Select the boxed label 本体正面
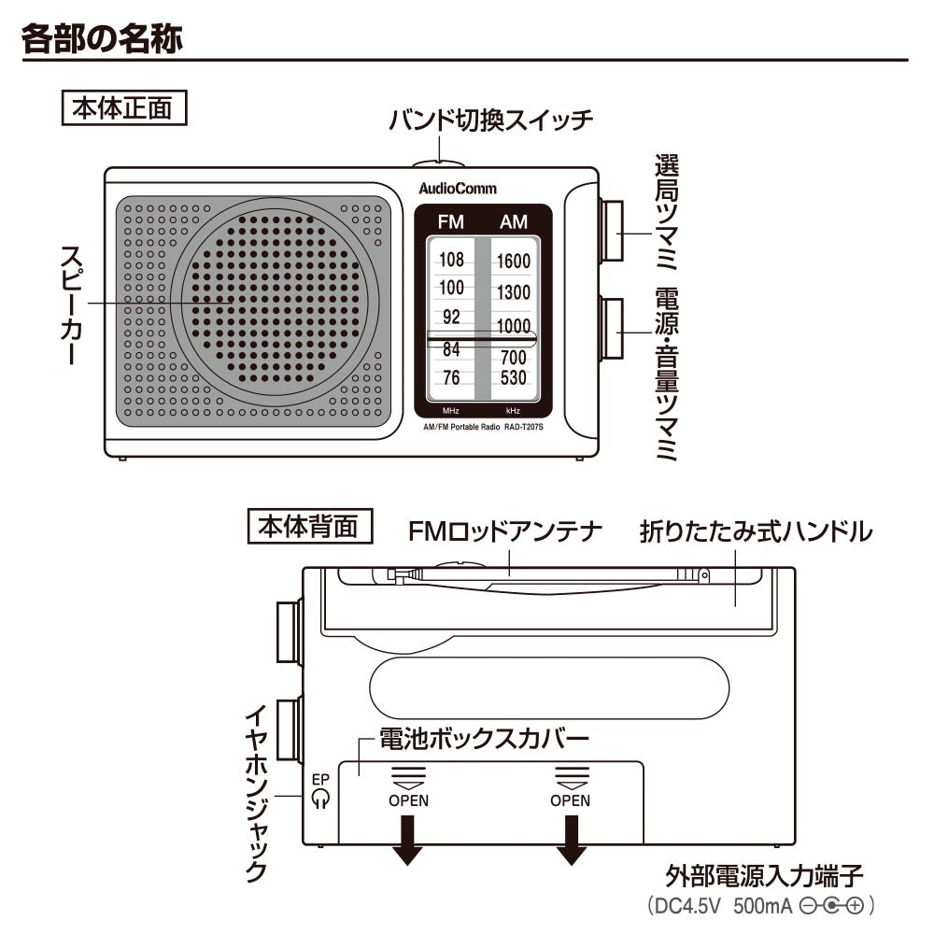(x=123, y=107)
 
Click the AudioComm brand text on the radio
(x=458, y=189)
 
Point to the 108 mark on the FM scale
(x=451, y=260)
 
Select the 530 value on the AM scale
(x=513, y=378)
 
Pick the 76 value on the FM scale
(x=451, y=378)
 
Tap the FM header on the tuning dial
(x=450, y=222)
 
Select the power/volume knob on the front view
(x=612, y=328)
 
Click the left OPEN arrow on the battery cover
(x=408, y=838)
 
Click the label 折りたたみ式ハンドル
(x=756, y=532)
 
